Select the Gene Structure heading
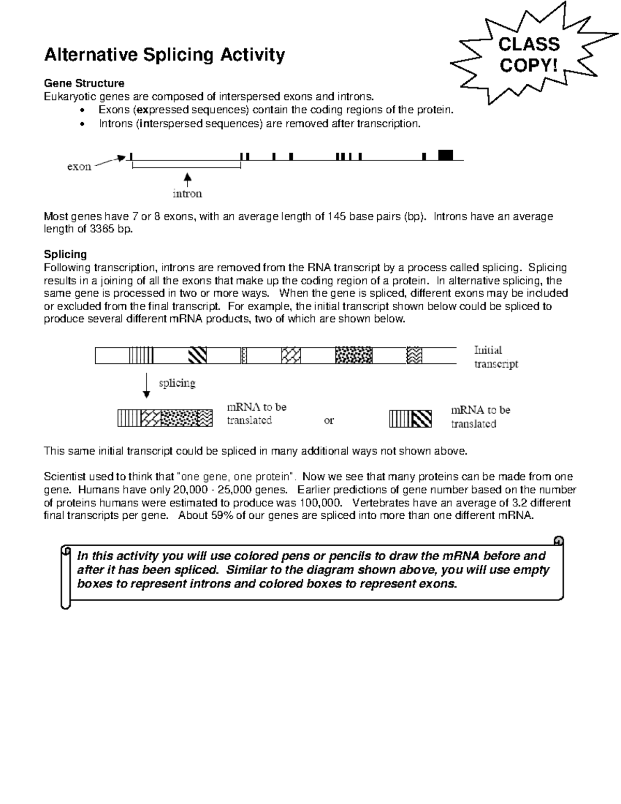84,83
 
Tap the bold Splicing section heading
65,254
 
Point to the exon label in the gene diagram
79,167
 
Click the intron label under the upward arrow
187,194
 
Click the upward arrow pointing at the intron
188,179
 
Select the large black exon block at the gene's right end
445,155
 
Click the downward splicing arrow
147,385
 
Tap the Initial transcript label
495,357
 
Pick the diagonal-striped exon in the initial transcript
197,355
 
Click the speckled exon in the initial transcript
353,355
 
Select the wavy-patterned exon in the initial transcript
415,355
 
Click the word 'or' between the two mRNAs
329,420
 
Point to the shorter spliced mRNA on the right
410,418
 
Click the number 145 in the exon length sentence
333,216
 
